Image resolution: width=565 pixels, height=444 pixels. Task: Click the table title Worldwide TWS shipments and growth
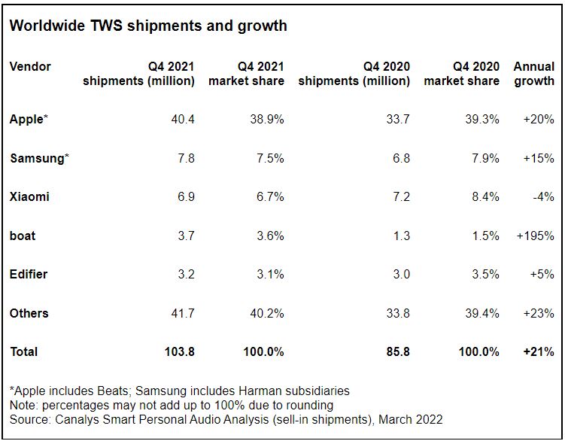point(148,26)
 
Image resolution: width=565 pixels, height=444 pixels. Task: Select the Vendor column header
point(30,66)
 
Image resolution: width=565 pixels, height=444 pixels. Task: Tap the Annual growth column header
point(534,74)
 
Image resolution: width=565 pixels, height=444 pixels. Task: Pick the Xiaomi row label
point(29,196)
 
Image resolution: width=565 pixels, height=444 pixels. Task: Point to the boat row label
point(23,236)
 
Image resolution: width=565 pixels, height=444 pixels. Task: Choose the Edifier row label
point(29,274)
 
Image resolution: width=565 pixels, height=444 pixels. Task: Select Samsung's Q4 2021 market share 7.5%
point(269,158)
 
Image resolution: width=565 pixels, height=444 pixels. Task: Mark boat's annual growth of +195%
point(536,236)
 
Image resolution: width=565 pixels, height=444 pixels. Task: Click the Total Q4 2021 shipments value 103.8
point(179,351)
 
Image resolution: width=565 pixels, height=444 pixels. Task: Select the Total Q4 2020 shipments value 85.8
point(397,351)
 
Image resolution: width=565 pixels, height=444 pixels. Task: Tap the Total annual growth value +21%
point(538,351)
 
